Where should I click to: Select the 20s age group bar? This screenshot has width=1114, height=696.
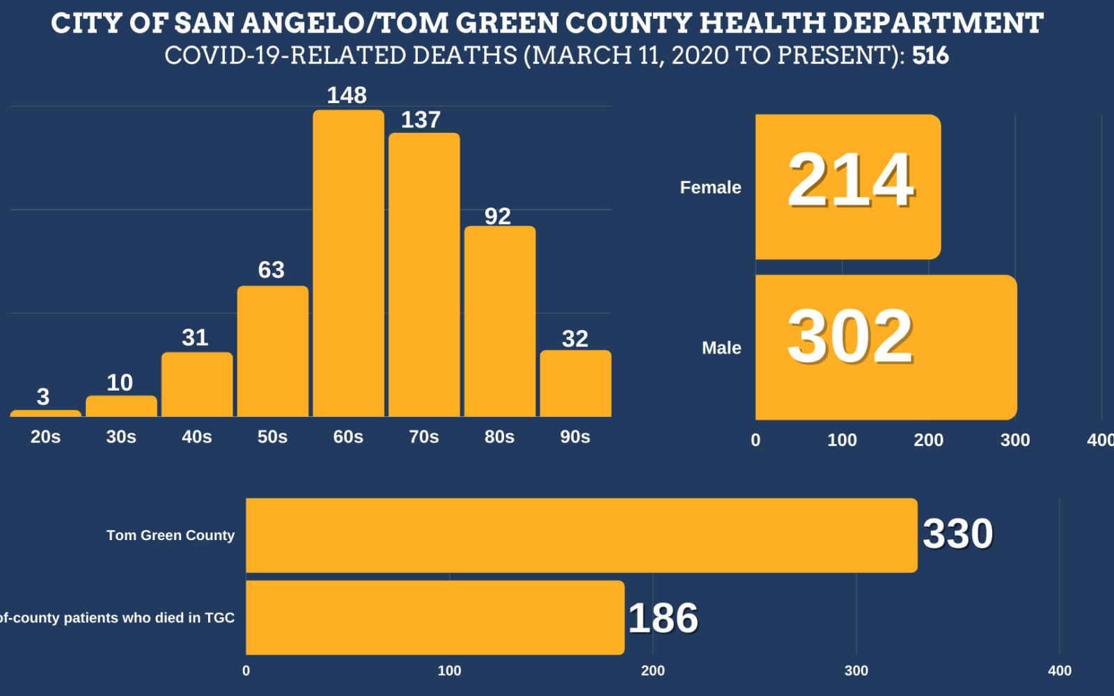click(x=45, y=413)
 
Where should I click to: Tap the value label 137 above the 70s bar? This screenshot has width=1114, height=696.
click(x=421, y=120)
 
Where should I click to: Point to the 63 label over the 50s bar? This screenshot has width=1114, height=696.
click(x=271, y=269)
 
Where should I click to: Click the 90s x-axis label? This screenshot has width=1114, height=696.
click(x=575, y=437)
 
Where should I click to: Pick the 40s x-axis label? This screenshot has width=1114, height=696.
click(x=196, y=437)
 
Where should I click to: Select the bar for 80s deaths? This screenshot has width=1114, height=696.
click(x=499, y=321)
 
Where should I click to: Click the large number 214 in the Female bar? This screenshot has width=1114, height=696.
click(x=850, y=181)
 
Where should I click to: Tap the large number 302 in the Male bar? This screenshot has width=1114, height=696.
click(x=850, y=337)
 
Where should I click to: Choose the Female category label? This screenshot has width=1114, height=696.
click(x=710, y=187)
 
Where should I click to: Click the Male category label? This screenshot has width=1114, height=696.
click(x=721, y=348)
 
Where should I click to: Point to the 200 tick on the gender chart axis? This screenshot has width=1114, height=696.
click(x=928, y=440)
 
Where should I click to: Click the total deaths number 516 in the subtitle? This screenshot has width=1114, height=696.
click(x=930, y=56)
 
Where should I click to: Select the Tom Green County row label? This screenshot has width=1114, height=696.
click(x=170, y=535)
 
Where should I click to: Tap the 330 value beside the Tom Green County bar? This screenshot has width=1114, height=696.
click(x=957, y=535)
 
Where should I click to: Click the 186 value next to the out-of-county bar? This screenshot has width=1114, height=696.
click(x=663, y=618)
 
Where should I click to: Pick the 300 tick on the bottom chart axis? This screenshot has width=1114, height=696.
click(x=856, y=671)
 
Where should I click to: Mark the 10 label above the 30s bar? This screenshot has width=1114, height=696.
click(x=120, y=382)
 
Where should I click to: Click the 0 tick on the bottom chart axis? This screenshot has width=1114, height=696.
click(x=246, y=671)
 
